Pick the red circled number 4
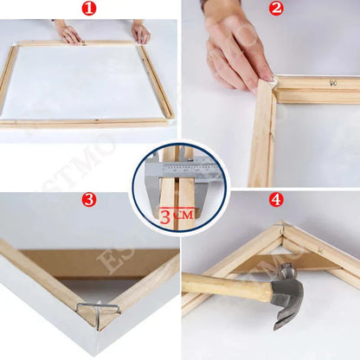point(276,200)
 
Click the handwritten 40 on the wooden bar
point(332,85)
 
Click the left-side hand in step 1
point(69,34)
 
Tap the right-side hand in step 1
point(140,32)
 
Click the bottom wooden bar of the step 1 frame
point(87,123)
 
